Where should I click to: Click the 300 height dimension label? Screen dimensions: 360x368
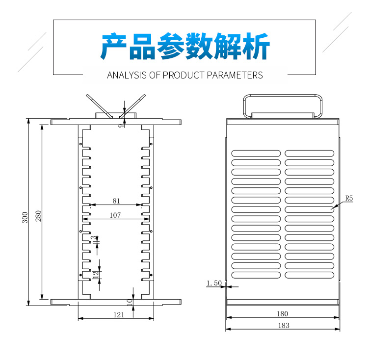click(25, 217)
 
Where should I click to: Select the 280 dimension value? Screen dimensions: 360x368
click(38, 216)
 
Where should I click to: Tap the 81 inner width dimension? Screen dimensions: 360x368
click(116, 201)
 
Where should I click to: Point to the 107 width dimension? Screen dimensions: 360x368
click(115, 215)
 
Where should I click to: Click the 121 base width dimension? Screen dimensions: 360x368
click(119, 315)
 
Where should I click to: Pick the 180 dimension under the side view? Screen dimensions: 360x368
click(283, 313)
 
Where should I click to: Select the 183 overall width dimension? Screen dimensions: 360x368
click(283, 325)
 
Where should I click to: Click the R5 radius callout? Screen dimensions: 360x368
click(349, 198)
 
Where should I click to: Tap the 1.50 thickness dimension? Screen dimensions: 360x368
click(214, 283)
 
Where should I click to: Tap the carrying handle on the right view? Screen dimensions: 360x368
click(282, 104)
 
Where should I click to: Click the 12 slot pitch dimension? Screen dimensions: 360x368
click(95, 275)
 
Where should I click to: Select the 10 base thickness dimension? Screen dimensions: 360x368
click(129, 302)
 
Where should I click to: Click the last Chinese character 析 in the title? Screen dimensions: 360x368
click(256, 48)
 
